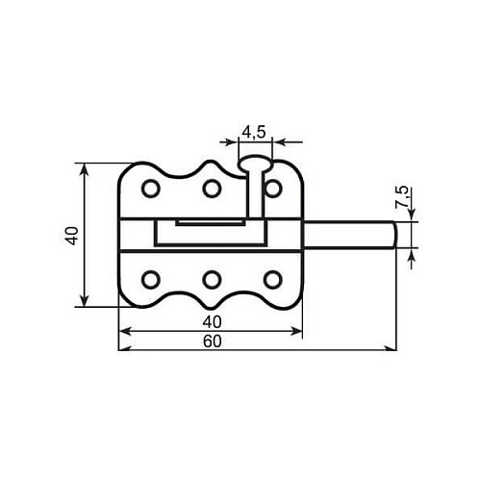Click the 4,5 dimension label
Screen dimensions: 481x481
254,132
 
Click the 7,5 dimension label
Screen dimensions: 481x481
402,197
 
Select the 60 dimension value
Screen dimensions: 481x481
213,342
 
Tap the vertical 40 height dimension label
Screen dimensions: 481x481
72,236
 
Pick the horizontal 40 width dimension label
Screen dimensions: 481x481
213,322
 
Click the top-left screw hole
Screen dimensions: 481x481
151,189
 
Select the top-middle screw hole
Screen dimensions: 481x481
212,189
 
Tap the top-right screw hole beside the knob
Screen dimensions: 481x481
273,189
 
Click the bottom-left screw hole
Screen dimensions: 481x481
151,280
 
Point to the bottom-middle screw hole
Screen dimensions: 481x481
212,280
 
